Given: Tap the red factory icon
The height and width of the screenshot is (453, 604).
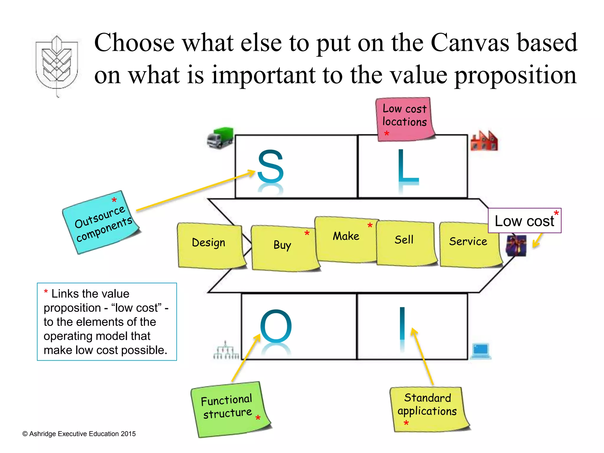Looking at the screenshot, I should point(484,141).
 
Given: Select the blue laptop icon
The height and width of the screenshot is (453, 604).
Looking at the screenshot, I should point(481,351).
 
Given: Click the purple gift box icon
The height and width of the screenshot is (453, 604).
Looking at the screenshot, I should point(516,245).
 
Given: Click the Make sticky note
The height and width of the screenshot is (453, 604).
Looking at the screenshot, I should point(346,239).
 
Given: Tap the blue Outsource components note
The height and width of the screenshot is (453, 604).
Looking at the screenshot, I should point(101,222).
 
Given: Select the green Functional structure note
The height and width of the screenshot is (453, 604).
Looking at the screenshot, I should point(228,408).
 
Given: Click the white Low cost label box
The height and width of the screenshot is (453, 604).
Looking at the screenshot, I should point(524,221).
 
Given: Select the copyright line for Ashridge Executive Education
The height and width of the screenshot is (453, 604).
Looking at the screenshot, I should point(79,434).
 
